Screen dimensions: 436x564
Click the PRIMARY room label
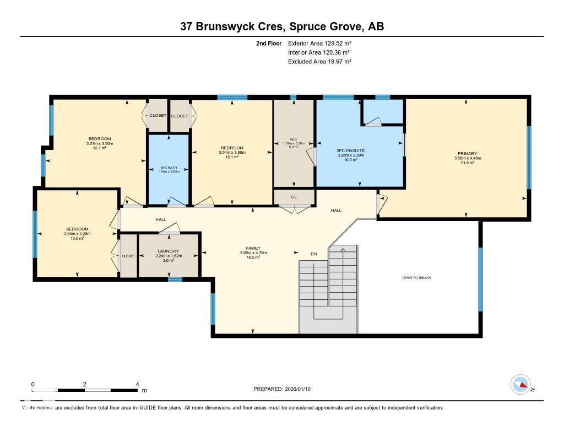467,153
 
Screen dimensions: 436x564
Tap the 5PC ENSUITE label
351,150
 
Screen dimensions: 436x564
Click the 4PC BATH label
169,168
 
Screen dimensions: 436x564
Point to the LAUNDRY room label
168,251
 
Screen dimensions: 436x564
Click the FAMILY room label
253,248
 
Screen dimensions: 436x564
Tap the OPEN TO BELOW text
416,278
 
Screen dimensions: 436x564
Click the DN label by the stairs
314,254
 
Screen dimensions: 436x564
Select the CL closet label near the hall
294,196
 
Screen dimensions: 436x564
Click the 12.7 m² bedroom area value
99,148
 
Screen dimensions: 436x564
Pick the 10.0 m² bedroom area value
77,238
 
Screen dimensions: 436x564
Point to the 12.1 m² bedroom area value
232,157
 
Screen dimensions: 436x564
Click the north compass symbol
520,384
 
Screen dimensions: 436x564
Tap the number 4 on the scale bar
137,384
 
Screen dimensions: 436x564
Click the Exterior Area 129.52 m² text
319,43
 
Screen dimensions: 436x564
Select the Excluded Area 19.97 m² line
319,62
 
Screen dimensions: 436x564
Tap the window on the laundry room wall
175,279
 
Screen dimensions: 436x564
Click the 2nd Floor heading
269,43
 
